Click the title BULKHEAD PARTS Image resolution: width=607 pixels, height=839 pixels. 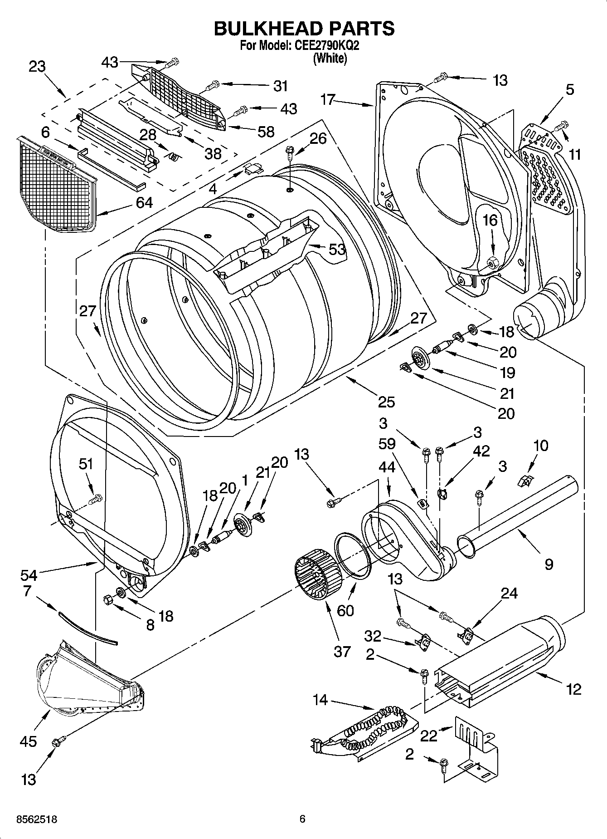click(303, 28)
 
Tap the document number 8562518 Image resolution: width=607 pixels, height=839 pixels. click(36, 819)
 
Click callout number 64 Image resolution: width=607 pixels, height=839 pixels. click(144, 202)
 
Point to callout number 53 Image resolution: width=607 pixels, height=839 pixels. click(337, 249)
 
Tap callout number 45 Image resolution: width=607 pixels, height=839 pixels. click(28, 741)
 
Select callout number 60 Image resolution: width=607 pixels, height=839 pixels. click(345, 610)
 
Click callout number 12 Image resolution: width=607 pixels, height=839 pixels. click(573, 690)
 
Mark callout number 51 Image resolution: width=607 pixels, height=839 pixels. click(86, 464)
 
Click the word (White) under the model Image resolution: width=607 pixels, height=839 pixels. click(330, 58)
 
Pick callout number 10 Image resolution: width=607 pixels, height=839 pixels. click(541, 445)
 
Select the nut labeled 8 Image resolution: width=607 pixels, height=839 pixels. click(108, 599)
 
